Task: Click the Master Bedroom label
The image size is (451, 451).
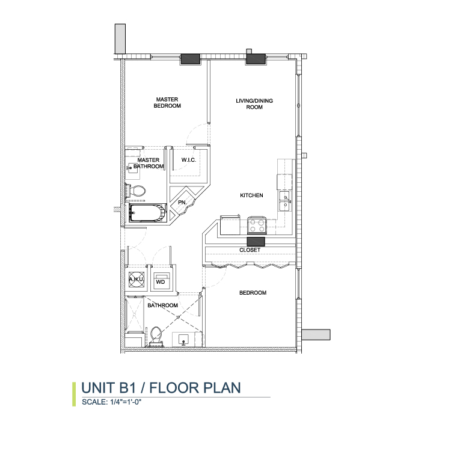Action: click(x=167, y=103)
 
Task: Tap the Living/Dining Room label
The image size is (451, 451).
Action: click(x=254, y=104)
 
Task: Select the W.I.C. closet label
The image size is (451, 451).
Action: click(x=189, y=160)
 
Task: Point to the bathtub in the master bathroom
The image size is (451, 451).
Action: click(x=147, y=213)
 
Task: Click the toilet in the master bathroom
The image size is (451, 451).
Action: click(x=135, y=191)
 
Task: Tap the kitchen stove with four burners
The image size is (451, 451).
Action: click(x=257, y=226)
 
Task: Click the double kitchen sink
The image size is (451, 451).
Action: click(x=285, y=201)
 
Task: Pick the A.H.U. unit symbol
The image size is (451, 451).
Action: click(x=136, y=279)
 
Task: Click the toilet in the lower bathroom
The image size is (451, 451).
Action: click(x=156, y=336)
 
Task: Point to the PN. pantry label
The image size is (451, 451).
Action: click(x=182, y=203)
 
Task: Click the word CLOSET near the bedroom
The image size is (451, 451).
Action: click(x=250, y=250)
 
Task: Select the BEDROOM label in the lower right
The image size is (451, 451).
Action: click(x=253, y=293)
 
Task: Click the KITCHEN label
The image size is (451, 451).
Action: click(x=251, y=195)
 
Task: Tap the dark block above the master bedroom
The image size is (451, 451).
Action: click(x=191, y=60)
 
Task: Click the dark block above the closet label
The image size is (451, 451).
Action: click(x=256, y=242)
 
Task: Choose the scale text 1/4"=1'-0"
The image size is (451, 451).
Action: click(x=126, y=402)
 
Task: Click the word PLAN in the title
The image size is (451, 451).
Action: click(x=222, y=388)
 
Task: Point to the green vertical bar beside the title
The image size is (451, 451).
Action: click(x=74, y=394)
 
